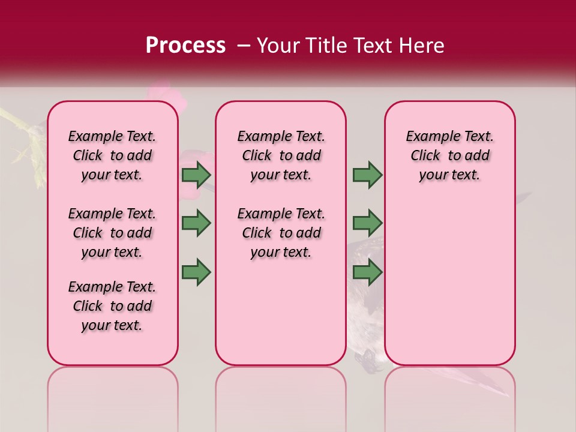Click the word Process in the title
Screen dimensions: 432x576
pyautogui.click(x=185, y=46)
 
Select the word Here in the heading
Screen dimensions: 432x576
pyautogui.click(x=422, y=46)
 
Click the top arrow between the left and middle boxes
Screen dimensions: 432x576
pyautogui.click(x=196, y=175)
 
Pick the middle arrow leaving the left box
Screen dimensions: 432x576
pyautogui.click(x=196, y=223)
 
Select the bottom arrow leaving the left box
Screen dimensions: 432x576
pyautogui.click(x=196, y=272)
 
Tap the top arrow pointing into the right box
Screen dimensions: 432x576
pyautogui.click(x=367, y=175)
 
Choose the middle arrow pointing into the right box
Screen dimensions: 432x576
pyautogui.click(x=367, y=223)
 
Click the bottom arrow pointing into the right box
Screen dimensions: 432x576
pyautogui.click(x=367, y=272)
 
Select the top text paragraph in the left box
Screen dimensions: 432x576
pyautogui.click(x=112, y=155)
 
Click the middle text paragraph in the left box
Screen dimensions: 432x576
pyautogui.click(x=112, y=233)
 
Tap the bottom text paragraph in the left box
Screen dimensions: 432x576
pyautogui.click(x=112, y=306)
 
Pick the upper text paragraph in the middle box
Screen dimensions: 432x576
pyautogui.click(x=281, y=155)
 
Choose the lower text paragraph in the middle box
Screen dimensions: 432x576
pyautogui.click(x=281, y=233)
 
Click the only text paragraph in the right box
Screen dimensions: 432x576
pyautogui.click(x=449, y=155)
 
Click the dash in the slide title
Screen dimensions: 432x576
pyautogui.click(x=244, y=46)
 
